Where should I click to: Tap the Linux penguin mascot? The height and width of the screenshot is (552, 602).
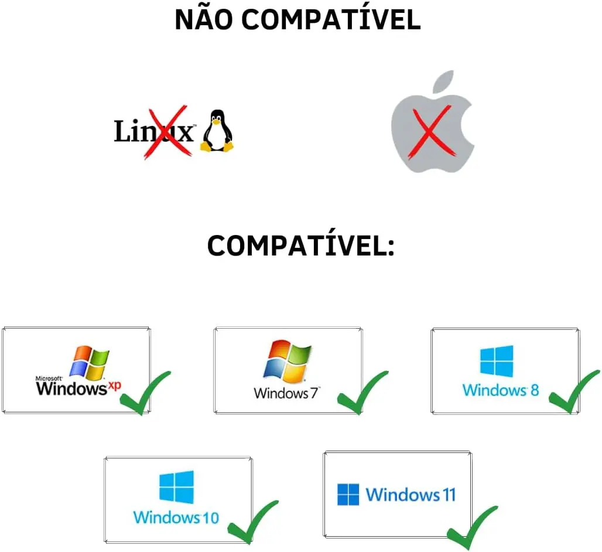pyautogui.click(x=217, y=131)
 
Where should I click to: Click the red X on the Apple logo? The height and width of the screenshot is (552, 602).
pyautogui.click(x=430, y=132)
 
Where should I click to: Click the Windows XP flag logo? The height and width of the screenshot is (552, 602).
pyautogui.click(x=89, y=362)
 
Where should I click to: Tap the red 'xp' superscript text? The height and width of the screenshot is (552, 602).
pyautogui.click(x=114, y=385)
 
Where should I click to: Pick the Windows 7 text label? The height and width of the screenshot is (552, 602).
pyautogui.click(x=286, y=393)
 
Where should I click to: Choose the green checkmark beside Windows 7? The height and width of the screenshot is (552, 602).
pyautogui.click(x=362, y=393)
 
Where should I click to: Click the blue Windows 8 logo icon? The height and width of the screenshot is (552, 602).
pyautogui.click(x=497, y=361)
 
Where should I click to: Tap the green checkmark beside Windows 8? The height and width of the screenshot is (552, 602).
pyautogui.click(x=574, y=393)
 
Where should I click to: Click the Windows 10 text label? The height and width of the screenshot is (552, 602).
pyautogui.click(x=176, y=517)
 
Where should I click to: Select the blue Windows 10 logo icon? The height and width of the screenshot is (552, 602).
pyautogui.click(x=177, y=487)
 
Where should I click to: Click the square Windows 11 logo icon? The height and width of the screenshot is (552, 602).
pyautogui.click(x=348, y=495)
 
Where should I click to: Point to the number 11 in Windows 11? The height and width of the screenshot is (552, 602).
pyautogui.click(x=447, y=495)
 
